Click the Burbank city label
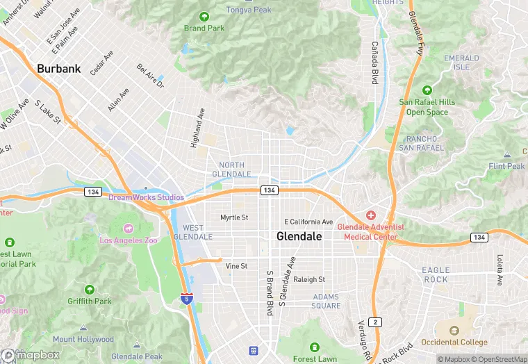coord(59,69)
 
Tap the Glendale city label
coord(299,236)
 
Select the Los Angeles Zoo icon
coord(129,228)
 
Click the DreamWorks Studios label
coord(146,197)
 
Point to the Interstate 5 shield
coord(186,299)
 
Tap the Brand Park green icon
coord(204,17)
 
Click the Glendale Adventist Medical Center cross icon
coord(370,215)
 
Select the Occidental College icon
coord(454,331)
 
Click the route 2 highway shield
coord(376,322)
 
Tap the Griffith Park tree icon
coord(89,289)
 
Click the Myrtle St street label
coord(234,217)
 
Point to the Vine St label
coord(236,266)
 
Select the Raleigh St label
coord(309,279)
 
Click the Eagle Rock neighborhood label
coord(436,274)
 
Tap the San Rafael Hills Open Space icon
coord(427,90)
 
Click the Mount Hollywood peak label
coord(83,340)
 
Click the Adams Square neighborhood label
coord(326,301)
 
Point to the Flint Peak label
coord(506,167)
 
